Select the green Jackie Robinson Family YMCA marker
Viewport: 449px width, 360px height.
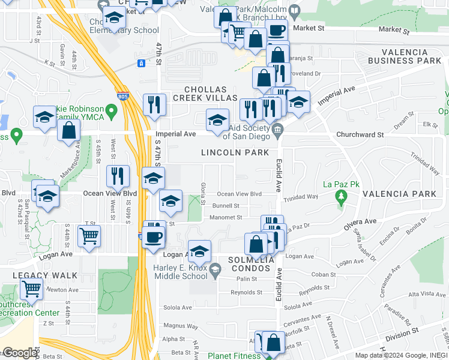[x=110, y=111]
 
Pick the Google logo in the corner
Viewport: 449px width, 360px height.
[x=20, y=353]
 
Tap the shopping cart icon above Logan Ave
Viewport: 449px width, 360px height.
[x=89, y=235]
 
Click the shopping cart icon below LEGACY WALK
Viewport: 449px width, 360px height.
[x=31, y=289]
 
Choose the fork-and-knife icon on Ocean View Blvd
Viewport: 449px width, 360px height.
[x=118, y=176]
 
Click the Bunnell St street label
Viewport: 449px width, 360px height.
[x=225, y=206]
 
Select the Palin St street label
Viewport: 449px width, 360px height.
[x=246, y=279]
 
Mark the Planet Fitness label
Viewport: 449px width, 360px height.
[x=234, y=356]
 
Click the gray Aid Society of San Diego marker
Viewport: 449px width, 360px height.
[x=277, y=130]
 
